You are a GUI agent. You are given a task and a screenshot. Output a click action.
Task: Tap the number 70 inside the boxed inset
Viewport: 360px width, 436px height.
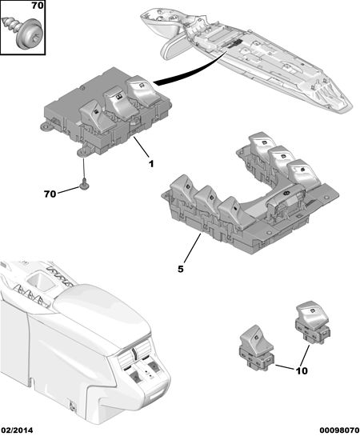click(38, 6)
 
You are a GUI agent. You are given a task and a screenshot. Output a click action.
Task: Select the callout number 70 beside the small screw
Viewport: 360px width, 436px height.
click(50, 194)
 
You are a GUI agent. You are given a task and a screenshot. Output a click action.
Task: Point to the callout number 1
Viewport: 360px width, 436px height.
click(151, 164)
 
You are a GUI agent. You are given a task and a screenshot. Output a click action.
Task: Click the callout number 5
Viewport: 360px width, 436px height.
click(181, 269)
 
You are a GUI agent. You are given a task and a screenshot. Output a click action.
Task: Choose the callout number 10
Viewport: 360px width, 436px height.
click(302, 370)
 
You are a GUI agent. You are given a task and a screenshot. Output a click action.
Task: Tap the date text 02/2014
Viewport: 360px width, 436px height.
click(17, 430)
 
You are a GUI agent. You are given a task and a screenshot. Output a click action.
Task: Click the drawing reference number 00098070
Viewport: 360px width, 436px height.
click(339, 430)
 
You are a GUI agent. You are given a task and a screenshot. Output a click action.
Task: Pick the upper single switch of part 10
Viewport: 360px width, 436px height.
click(313, 321)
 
